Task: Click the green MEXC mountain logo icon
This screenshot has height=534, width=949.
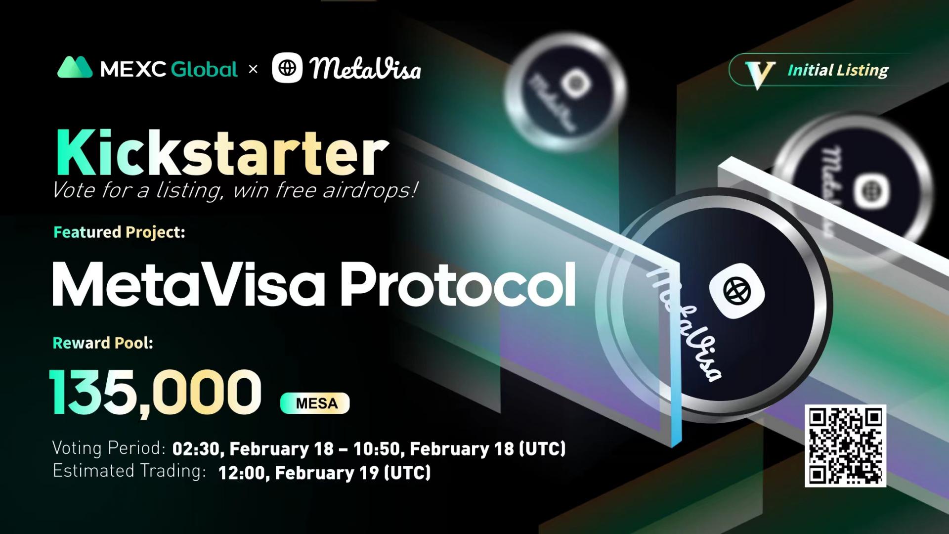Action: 75,68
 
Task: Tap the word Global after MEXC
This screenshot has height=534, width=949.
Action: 204,69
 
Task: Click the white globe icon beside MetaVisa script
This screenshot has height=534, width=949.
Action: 287,68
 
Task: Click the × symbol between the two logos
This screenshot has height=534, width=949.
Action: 253,69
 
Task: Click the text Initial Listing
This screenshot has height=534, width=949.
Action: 838,70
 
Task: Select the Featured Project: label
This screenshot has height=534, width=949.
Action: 119,232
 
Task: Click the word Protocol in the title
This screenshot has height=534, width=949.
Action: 458,285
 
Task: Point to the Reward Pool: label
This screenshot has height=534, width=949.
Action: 103,343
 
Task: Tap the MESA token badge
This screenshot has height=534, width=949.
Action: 315,403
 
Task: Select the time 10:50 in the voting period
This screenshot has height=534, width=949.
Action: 378,449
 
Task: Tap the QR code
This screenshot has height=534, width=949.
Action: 845,445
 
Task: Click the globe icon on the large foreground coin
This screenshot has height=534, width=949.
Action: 737,291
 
